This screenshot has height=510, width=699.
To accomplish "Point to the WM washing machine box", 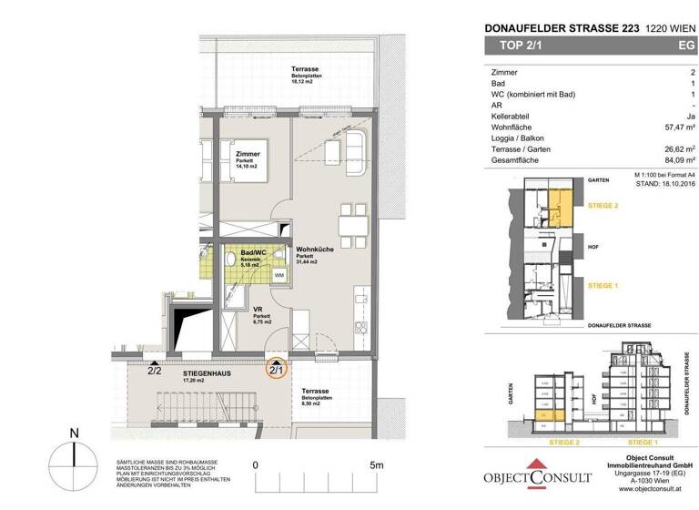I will point(279,274).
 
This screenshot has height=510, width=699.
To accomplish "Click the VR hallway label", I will point(232,309).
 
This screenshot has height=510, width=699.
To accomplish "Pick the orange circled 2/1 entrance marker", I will point(276,370).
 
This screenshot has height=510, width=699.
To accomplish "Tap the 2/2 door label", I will point(155,371).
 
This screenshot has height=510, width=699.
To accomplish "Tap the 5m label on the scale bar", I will point(376,464).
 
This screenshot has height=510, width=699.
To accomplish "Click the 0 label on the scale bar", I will point(256,464).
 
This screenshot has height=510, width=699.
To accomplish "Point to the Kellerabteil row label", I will point(508,117).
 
